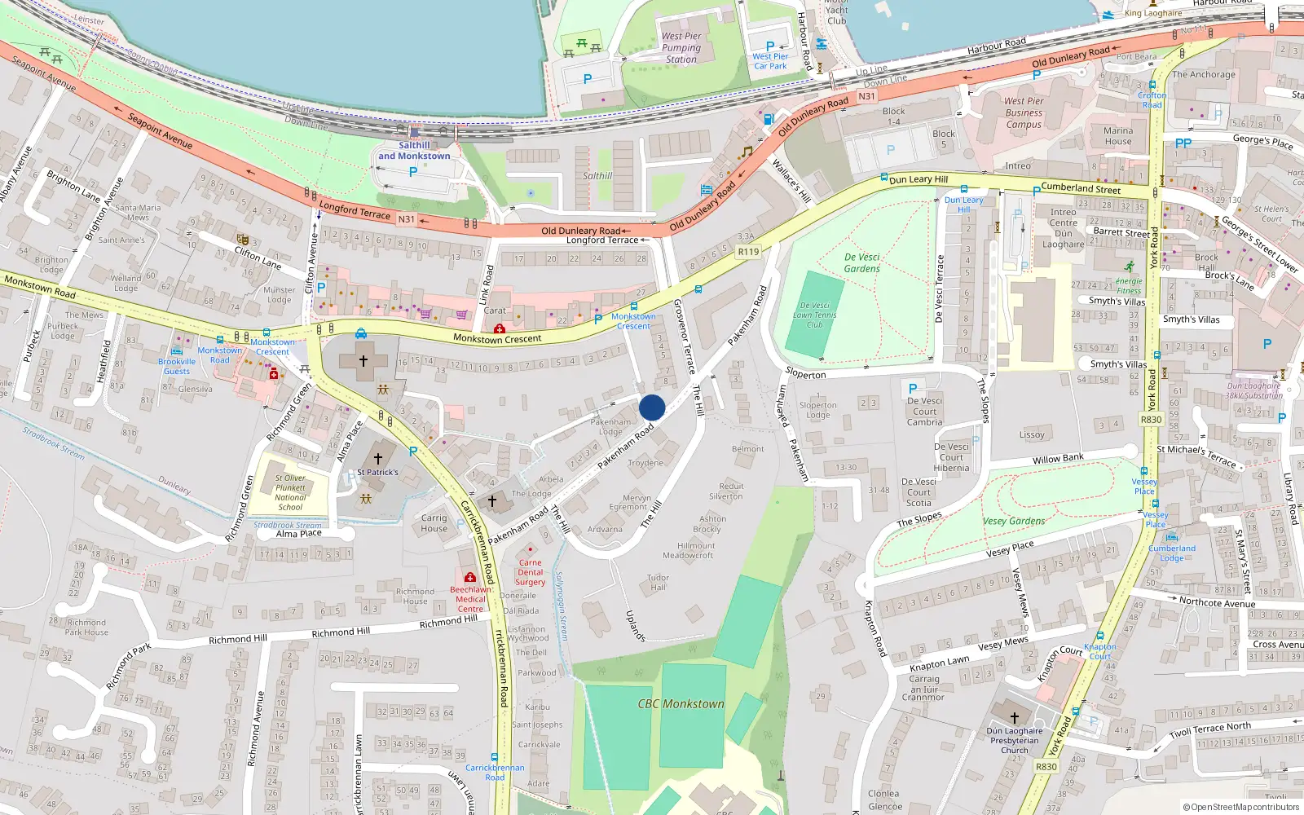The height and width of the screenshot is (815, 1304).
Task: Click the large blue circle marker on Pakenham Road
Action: click(x=652, y=407)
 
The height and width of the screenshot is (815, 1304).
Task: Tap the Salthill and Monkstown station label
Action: click(x=414, y=151)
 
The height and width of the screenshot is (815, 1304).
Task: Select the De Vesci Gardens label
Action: click(x=862, y=262)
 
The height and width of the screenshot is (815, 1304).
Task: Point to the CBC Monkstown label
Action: click(x=681, y=704)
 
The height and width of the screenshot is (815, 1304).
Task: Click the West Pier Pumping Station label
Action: click(x=681, y=47)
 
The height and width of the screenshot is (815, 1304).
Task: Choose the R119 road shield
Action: click(x=748, y=252)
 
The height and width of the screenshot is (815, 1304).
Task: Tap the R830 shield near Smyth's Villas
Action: click(x=1151, y=420)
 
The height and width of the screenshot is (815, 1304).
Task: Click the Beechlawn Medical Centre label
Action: click(x=470, y=599)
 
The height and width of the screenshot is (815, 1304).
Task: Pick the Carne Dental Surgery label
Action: click(x=530, y=572)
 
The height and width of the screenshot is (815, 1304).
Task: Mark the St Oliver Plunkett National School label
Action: click(x=290, y=492)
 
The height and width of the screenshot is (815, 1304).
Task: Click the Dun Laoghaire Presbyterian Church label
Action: click(x=1015, y=740)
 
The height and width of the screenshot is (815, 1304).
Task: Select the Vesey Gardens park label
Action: click(x=1014, y=522)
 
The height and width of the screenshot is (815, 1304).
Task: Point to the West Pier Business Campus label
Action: click(x=1024, y=112)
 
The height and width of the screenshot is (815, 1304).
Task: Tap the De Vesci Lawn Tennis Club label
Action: click(x=814, y=315)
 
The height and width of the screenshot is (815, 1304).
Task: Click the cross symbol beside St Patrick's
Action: click(x=378, y=459)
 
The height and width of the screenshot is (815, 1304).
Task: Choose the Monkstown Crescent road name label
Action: click(x=497, y=339)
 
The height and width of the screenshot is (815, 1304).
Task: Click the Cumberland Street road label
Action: click(x=1081, y=188)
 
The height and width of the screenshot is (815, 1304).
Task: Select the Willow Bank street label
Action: click(x=1058, y=459)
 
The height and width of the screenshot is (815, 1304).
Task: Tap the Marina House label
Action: click(x=1118, y=135)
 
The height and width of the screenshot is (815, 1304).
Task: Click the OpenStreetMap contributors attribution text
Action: click(x=1241, y=807)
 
